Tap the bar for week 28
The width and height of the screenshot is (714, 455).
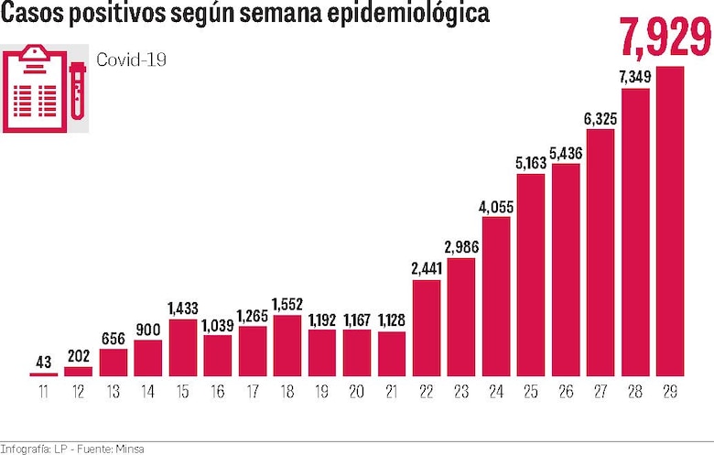click(x=635, y=233)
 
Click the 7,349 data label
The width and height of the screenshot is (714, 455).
click(x=635, y=77)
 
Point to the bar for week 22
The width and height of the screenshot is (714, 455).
click(x=427, y=329)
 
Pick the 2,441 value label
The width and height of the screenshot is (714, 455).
click(x=427, y=269)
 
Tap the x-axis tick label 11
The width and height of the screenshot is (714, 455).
click(x=43, y=392)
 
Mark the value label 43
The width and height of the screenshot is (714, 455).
click(x=43, y=362)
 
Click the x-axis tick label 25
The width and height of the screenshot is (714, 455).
click(x=531, y=392)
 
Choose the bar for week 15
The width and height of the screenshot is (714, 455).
click(x=183, y=349)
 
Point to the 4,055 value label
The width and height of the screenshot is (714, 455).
click(x=496, y=206)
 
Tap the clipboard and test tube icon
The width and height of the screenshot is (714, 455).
click(x=45, y=89)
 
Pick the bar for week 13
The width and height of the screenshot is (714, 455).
click(x=114, y=363)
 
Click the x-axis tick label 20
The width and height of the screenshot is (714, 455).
click(x=357, y=392)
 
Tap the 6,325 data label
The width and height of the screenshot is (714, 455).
click(x=600, y=118)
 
